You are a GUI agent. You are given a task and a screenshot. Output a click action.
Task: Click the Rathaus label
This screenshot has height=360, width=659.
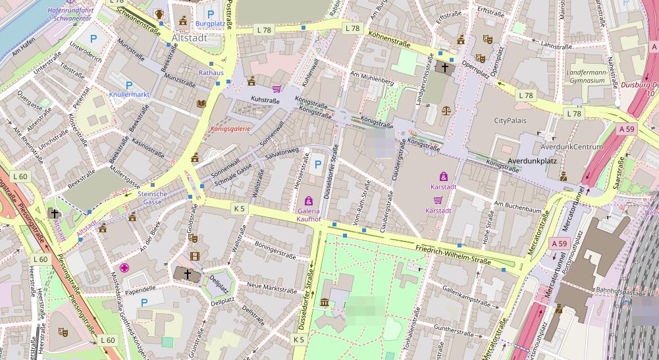tap(211, 72)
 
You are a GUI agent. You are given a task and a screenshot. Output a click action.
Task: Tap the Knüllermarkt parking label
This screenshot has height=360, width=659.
tap(129, 95)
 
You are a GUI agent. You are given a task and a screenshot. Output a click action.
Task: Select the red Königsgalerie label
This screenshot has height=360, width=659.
tap(230, 129)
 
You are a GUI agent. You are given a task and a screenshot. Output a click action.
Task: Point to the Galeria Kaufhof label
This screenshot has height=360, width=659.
tap(308, 214)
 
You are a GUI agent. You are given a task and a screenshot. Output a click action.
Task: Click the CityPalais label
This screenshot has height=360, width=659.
tap(512, 120)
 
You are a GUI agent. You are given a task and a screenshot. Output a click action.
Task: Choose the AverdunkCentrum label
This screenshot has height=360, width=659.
tap(571, 146)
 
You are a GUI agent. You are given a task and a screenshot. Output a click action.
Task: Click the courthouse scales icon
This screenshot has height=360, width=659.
tap(448, 110)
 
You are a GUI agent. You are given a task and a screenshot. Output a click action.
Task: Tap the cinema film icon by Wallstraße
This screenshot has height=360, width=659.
tap(194, 256)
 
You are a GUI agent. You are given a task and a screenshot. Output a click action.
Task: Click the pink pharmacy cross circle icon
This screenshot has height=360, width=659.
tap(124, 268)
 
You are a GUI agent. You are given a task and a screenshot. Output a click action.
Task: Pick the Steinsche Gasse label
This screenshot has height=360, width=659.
tap(153, 197)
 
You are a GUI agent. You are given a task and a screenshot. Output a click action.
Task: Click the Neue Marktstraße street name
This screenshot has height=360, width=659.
tap(272, 288)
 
